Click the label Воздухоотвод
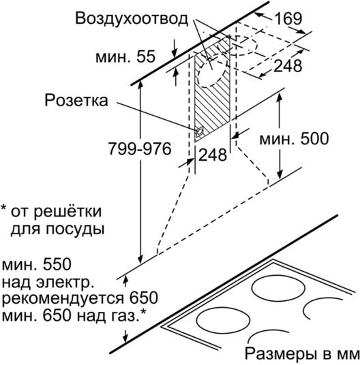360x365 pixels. pos(132,18)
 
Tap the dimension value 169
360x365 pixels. pos(288,18)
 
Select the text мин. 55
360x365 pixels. pos(125,57)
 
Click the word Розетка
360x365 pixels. pos(76,100)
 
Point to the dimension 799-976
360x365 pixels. pos(140,148)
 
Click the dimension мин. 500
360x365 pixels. pos(294,139)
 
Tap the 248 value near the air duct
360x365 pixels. pos(288,65)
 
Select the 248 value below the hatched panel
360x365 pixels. pos(213,155)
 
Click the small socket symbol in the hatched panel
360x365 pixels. pos(200,133)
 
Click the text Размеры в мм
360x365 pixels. pos(302,354)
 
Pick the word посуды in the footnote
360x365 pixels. pos(75,229)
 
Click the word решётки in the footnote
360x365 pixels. pos(67,212)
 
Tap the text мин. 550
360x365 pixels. pos(36,264)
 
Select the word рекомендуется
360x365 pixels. pos(63,299)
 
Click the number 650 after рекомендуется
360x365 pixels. pos(144,298)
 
